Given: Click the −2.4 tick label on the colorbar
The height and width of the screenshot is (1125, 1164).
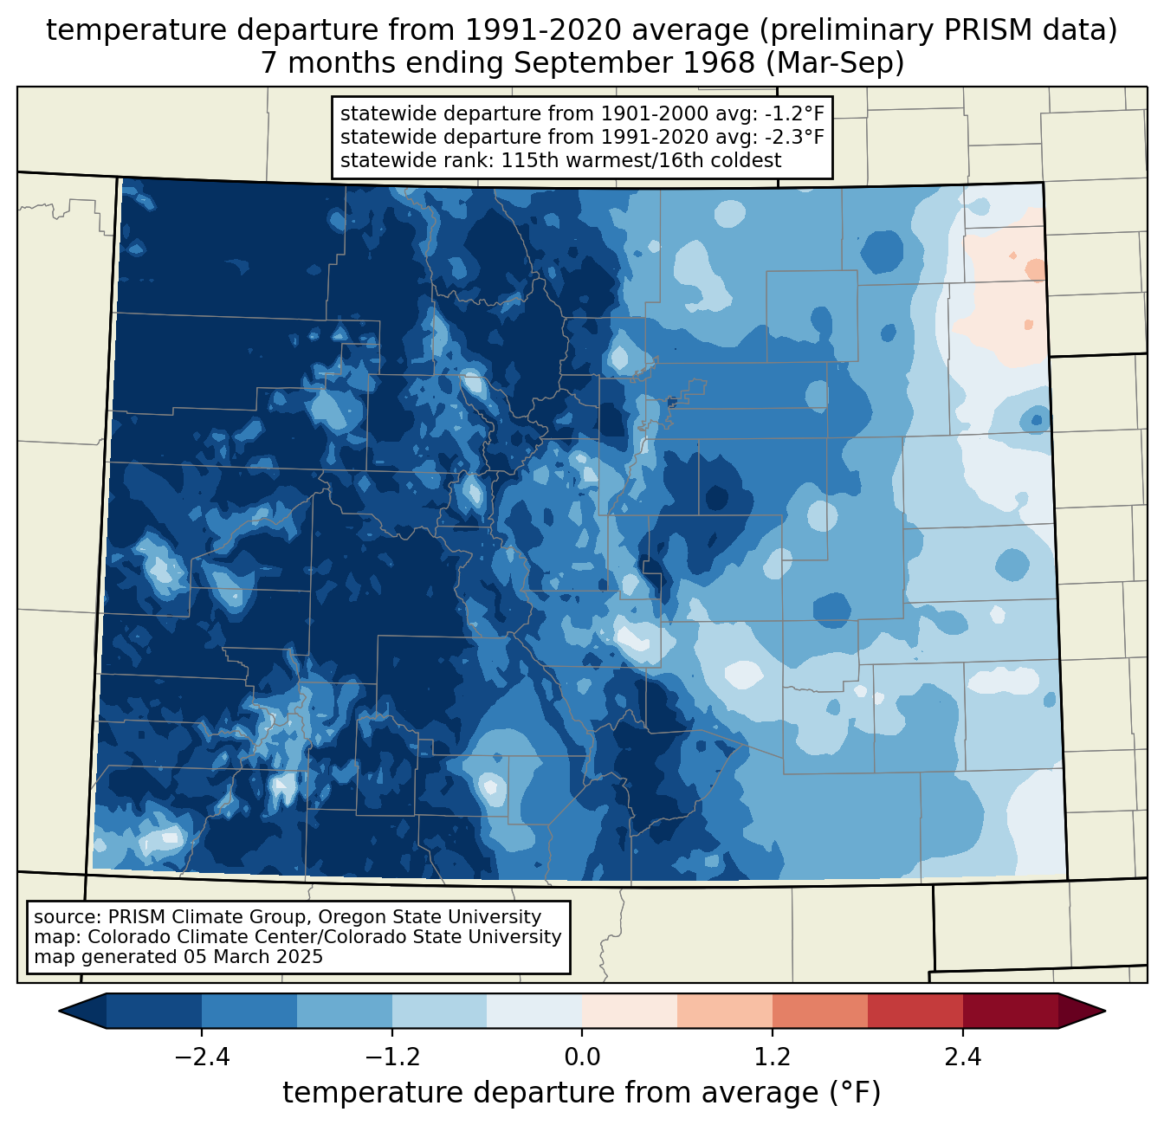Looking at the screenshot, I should click(201, 1057).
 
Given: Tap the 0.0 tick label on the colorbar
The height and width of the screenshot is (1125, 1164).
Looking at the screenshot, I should click(582, 1057).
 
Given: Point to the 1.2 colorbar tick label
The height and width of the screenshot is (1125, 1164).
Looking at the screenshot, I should click(773, 1057).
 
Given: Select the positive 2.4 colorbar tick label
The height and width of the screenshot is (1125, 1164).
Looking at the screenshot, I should click(963, 1057).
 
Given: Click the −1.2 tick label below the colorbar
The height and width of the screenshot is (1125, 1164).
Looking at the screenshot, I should click(391, 1057).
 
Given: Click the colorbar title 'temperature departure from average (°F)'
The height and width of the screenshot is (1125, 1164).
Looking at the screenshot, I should click(582, 1093).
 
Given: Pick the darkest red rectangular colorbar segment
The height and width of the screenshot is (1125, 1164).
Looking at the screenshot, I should click(1010, 1011).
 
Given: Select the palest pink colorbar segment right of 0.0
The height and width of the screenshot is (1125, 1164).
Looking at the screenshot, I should click(630, 1011).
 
